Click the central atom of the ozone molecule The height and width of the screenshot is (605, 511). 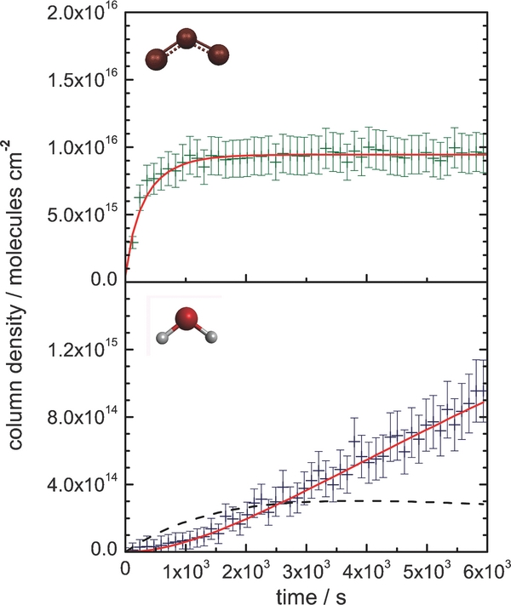[188, 38]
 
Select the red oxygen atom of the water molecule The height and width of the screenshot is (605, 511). [191, 320]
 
